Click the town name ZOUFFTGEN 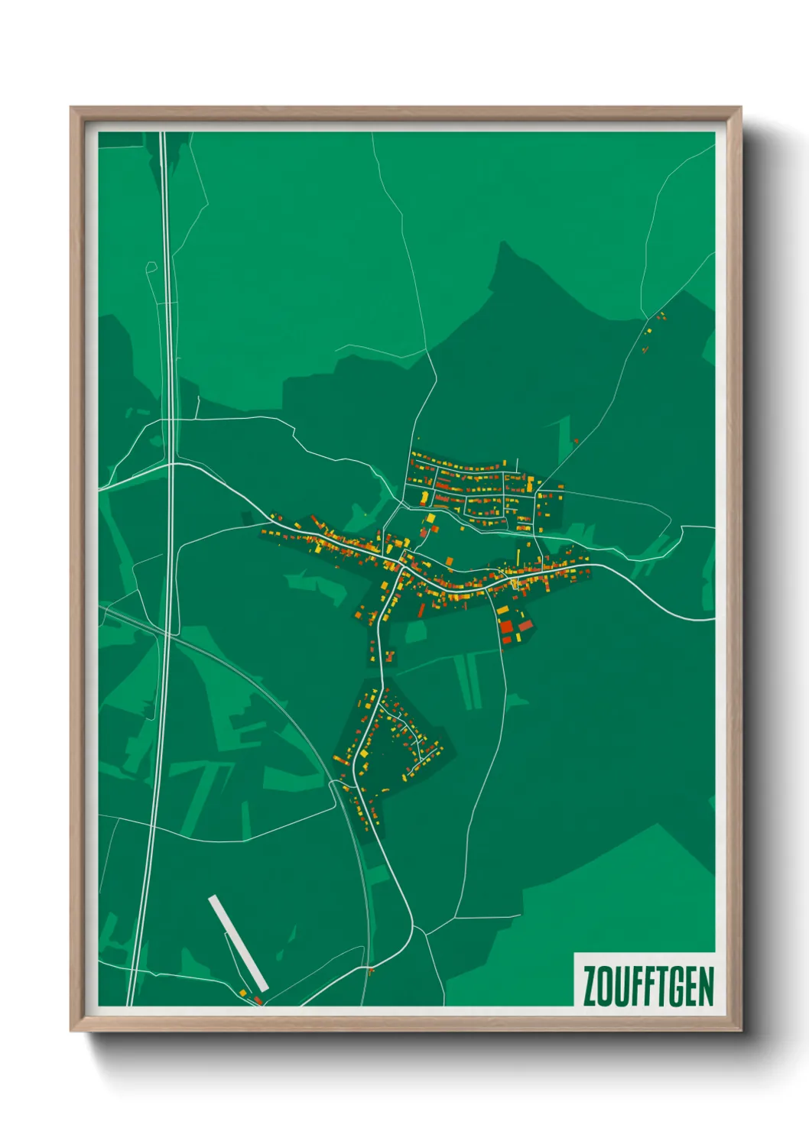648,987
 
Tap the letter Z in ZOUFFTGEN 590,987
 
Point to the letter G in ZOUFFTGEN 675,987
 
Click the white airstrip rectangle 238,943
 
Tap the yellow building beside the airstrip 244,993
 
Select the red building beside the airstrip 258,999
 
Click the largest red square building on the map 506,627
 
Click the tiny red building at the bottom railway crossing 372,971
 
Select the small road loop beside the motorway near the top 151,267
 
